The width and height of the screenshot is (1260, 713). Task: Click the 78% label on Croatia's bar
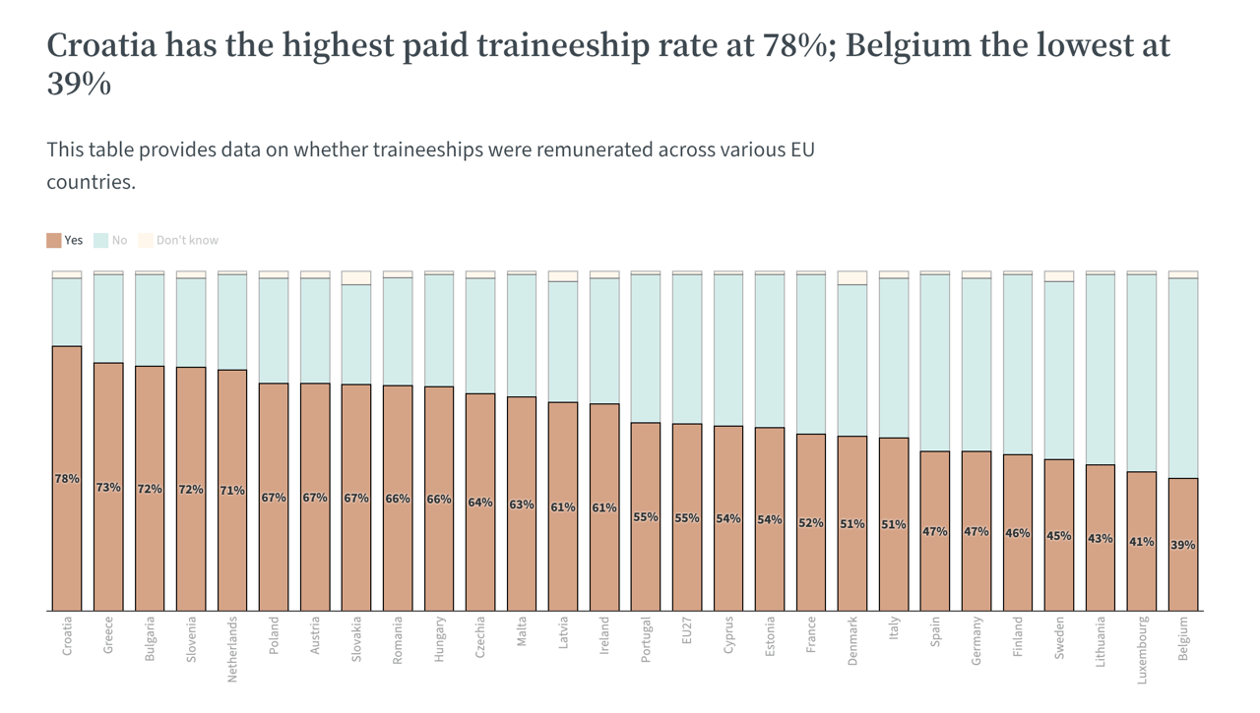(67, 479)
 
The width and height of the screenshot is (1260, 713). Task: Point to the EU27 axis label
(687, 629)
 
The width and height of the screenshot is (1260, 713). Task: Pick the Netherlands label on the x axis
(232, 649)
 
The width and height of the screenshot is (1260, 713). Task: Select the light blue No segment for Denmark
(852, 360)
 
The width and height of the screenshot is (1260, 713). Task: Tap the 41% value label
(1142, 542)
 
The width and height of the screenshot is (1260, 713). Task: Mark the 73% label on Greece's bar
(108, 488)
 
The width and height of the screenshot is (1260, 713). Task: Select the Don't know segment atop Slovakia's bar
(356, 278)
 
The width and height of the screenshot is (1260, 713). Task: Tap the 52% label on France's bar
(811, 523)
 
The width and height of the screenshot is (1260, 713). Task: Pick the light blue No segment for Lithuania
(1101, 370)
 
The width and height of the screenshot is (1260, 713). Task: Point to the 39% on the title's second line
(79, 85)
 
